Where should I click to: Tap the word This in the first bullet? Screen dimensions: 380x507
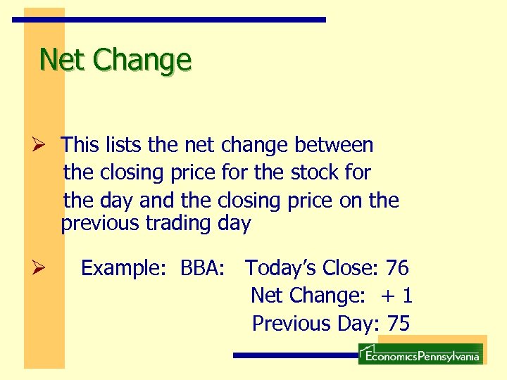coord(80,145)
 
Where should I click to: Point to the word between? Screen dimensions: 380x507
coord(334,145)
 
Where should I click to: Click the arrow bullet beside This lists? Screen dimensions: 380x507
coord(39,146)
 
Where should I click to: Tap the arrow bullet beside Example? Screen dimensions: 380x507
coord(39,268)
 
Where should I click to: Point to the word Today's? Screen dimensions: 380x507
coord(281,268)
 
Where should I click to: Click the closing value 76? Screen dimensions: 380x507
coord(397,268)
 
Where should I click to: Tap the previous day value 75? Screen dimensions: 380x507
coord(398,323)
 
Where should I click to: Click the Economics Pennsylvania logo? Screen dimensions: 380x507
coord(420,355)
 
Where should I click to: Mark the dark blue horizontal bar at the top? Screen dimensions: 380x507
coord(169,20)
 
